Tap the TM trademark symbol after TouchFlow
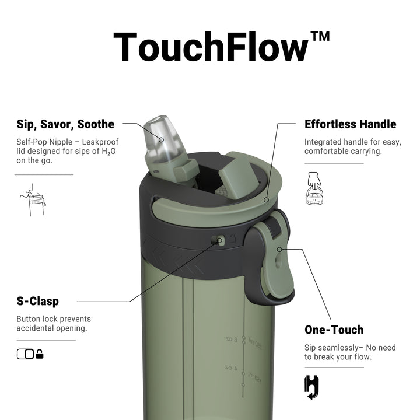pyautogui.click(x=320, y=36)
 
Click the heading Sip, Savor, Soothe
pyautogui.click(x=65, y=125)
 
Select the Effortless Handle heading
pyautogui.click(x=351, y=124)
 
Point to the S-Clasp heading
pyautogui.click(x=38, y=302)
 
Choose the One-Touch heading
pyautogui.click(x=334, y=330)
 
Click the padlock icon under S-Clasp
pyautogui.click(x=40, y=354)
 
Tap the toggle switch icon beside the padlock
pyautogui.click(x=26, y=354)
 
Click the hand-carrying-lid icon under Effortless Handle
pyautogui.click(x=314, y=189)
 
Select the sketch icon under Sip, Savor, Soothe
pyautogui.click(x=33, y=200)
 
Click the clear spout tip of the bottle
pyautogui.click(x=157, y=131)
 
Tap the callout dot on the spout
pyautogui.click(x=161, y=140)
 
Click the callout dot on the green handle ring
pyautogui.click(x=266, y=200)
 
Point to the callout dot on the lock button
pyautogui.click(x=220, y=240)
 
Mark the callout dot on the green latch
pyautogui.click(x=279, y=250)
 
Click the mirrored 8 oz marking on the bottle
pyautogui.click(x=232, y=339)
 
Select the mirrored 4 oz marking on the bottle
pyautogui.click(x=231, y=367)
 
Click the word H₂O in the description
pyautogui.click(x=108, y=152)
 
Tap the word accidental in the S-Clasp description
pyautogui.click(x=35, y=328)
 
